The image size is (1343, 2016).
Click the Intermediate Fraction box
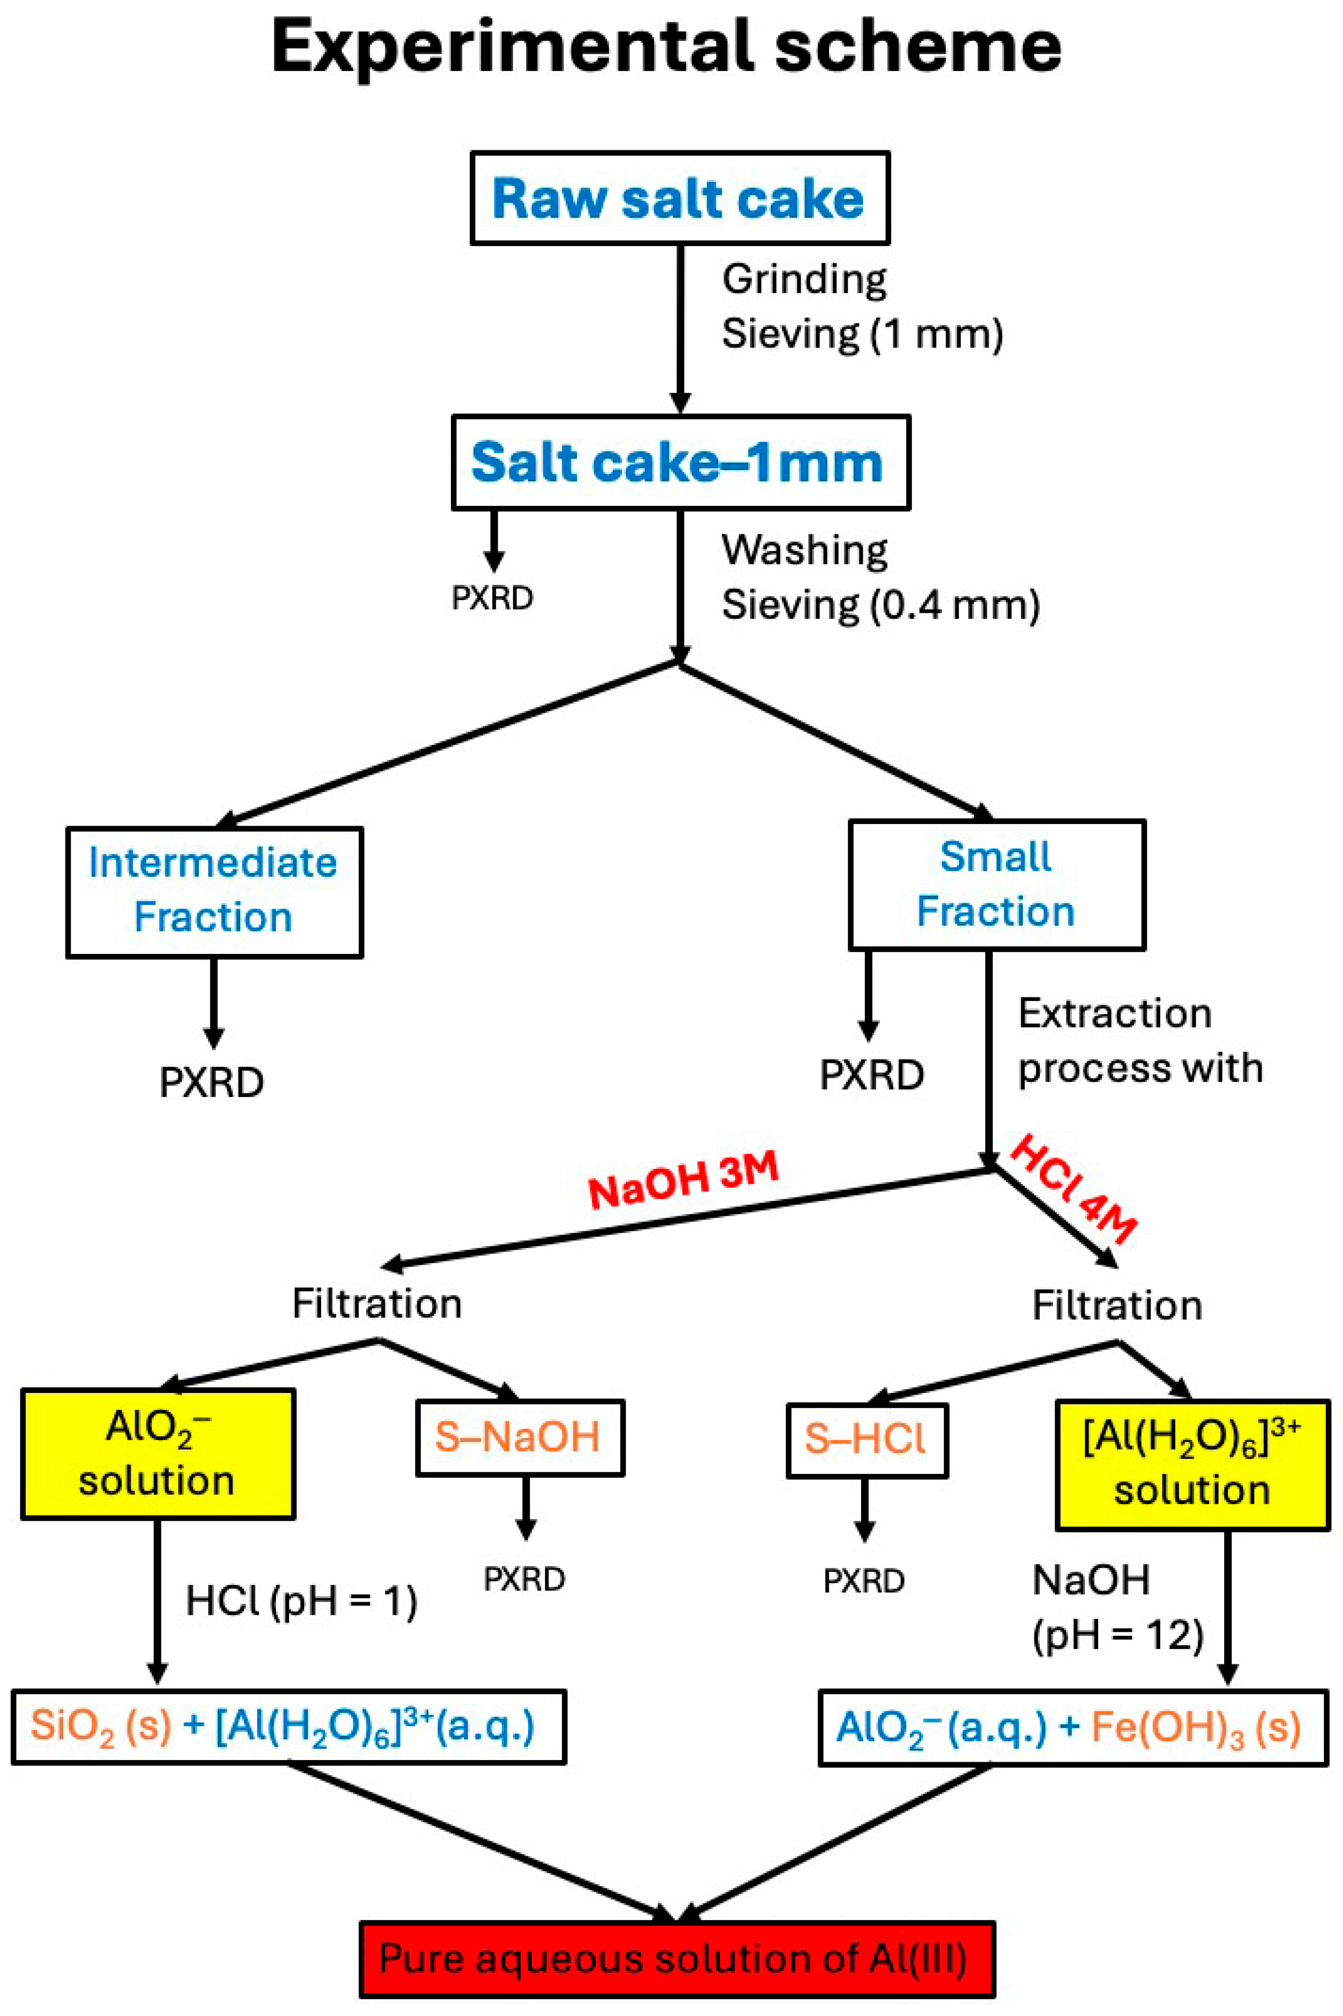click(x=214, y=891)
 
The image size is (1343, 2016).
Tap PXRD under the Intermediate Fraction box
click(x=212, y=1083)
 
